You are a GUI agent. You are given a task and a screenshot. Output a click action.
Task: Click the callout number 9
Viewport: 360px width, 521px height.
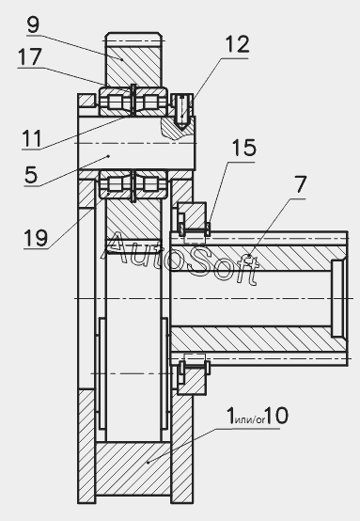click(x=33, y=24)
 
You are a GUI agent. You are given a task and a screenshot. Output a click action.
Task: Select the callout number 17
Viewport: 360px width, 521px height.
click(x=30, y=56)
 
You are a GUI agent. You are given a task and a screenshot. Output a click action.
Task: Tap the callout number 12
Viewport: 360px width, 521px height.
click(x=237, y=44)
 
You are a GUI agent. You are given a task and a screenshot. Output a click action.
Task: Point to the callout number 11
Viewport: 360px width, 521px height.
click(x=32, y=138)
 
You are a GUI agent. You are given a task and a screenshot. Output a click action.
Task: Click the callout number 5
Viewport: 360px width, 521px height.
click(x=31, y=175)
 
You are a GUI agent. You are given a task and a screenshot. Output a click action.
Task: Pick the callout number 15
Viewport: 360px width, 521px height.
click(x=244, y=148)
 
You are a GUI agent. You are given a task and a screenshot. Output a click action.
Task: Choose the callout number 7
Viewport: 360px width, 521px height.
click(x=301, y=184)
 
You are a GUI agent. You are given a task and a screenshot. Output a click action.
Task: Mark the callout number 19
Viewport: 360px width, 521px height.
click(x=36, y=238)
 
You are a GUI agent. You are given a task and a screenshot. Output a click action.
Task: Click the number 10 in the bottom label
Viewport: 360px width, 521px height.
click(x=276, y=416)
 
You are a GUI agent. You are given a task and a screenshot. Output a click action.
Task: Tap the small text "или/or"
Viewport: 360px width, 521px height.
click(x=250, y=419)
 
